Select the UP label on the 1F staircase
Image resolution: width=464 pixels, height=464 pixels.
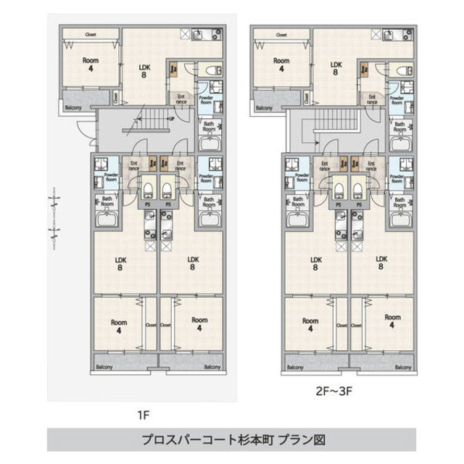coord(171,119)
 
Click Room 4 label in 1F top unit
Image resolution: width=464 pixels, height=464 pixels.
coord(90,65)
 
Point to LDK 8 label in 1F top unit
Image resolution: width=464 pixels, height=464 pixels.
coord(144,70)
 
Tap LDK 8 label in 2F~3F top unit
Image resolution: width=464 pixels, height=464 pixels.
coord(336,67)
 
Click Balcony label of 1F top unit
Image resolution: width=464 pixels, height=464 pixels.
coord(73,107)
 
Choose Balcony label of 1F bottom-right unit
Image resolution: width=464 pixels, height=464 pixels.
coord(212,367)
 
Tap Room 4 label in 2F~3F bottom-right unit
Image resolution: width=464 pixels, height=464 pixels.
coord(392,321)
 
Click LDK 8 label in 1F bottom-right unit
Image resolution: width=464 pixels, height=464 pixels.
coord(193,262)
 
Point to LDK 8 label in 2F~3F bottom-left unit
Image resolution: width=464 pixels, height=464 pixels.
coord(315,263)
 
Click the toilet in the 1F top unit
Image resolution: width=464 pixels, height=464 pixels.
coord(210,71)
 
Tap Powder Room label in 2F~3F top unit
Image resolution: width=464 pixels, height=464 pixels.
coord(397,99)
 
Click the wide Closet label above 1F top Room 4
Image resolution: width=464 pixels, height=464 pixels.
coord(91,34)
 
